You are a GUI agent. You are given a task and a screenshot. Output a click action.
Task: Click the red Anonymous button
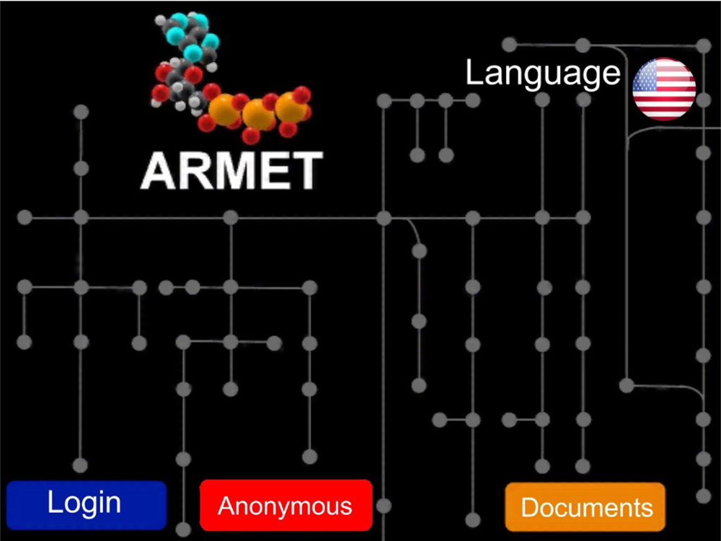point(286,505)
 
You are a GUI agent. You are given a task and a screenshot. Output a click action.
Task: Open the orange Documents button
point(585,507)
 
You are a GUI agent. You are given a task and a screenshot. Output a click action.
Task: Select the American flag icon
point(664,89)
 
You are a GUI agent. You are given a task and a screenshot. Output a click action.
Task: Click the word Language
point(542,74)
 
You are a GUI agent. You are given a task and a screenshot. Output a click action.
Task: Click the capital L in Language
point(473,74)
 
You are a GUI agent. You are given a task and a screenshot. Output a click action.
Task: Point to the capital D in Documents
point(529,507)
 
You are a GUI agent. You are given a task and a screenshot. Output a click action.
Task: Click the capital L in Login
point(54,502)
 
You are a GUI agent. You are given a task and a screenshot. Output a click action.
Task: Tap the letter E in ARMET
point(270,171)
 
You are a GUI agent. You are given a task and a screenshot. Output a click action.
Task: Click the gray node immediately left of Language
point(473,100)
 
